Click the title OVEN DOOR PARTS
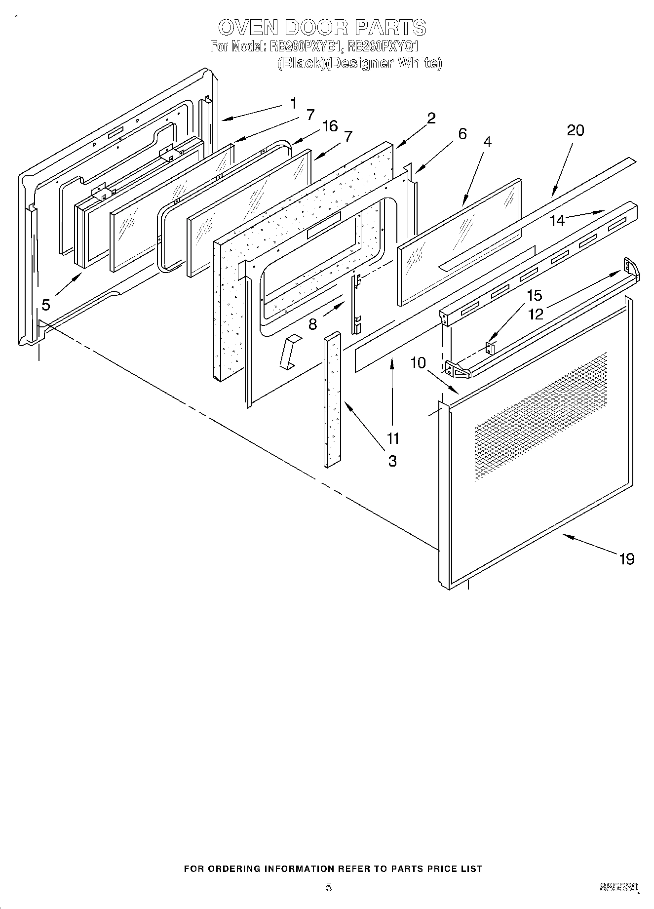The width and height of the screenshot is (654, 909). point(322,27)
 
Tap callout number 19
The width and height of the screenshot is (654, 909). point(626,559)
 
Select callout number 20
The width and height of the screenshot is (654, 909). point(575,130)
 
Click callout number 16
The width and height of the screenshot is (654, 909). point(329,126)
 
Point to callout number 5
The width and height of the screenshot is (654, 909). point(45,305)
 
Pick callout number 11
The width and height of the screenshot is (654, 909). point(392,438)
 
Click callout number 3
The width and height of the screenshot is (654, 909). point(392,461)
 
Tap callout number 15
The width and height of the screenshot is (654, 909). point(534,295)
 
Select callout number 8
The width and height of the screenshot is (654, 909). point(312,324)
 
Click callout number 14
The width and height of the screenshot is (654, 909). point(557,220)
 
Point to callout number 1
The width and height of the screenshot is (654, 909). point(294,104)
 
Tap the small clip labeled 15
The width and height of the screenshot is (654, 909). point(490,348)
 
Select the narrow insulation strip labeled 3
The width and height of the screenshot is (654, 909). point(333,400)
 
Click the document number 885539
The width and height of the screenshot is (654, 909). point(619,887)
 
